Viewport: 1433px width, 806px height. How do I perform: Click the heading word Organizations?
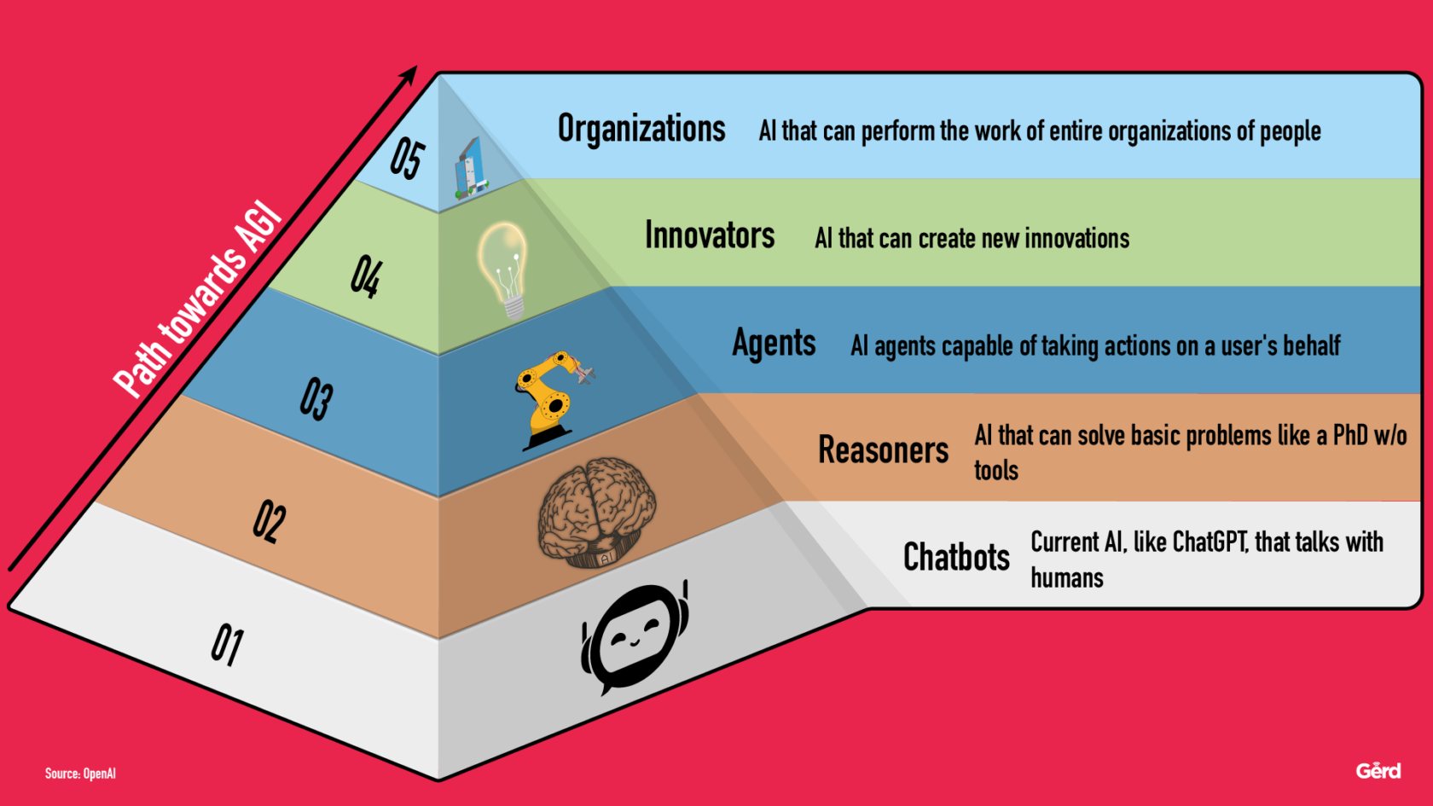pos(641,130)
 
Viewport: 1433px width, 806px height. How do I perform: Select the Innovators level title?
pos(710,235)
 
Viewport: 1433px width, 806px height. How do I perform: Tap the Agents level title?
pos(774,343)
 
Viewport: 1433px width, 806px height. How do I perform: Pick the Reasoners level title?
pos(883,449)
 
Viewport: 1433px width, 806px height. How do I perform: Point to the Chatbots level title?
pos(956,557)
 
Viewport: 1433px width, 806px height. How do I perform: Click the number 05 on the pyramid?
pos(407,159)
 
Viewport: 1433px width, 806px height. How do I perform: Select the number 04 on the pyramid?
pos(366,277)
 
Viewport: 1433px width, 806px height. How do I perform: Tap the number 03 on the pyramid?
pos(316,398)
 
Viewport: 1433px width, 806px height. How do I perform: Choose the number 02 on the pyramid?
pos(270,521)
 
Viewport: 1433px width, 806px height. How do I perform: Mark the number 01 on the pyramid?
pos(228,644)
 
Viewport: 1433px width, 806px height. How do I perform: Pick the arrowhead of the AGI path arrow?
pos(409,75)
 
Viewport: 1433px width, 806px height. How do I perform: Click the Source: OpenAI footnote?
pos(80,774)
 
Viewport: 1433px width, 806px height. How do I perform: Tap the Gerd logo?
pos(1378,771)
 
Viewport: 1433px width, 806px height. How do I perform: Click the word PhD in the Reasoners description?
pos(1350,435)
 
